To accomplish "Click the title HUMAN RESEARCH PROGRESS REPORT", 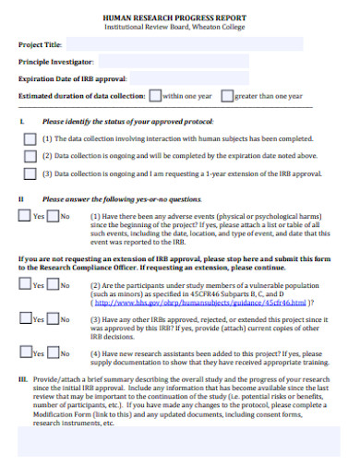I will (179, 18).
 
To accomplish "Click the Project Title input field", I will (157, 43).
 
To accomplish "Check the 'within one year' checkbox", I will (156, 95).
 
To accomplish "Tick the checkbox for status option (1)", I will (30, 137).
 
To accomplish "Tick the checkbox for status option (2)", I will (30, 155).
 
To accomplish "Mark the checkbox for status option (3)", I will (30, 173).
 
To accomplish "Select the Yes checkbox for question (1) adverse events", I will (25, 216).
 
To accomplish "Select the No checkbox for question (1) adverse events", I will (53, 216).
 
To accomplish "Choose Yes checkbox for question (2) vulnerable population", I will (25, 285).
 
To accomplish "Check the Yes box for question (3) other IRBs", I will (25, 318).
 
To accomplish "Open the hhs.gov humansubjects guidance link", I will (200, 302).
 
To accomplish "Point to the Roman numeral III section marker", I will (22, 379).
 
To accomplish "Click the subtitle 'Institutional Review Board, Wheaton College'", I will (179, 27).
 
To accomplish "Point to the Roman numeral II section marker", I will (21, 198).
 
